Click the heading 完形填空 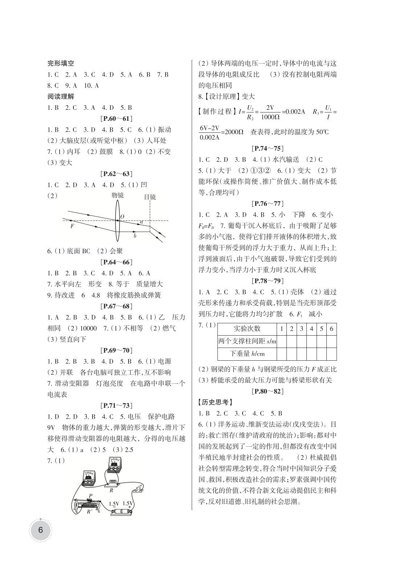(x=61, y=63)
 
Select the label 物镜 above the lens (x=117, y=196)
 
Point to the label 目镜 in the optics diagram (x=150, y=197)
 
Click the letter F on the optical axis (x=72, y=226)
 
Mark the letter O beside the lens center (x=122, y=217)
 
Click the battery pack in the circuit (x=122, y=511)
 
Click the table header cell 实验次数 (x=247, y=329)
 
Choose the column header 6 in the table (x=331, y=329)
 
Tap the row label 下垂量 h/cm (x=247, y=353)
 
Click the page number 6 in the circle (x=40, y=530)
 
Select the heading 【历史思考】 (x=214, y=402)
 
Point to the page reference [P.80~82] (x=267, y=391)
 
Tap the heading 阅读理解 (x=61, y=97)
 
